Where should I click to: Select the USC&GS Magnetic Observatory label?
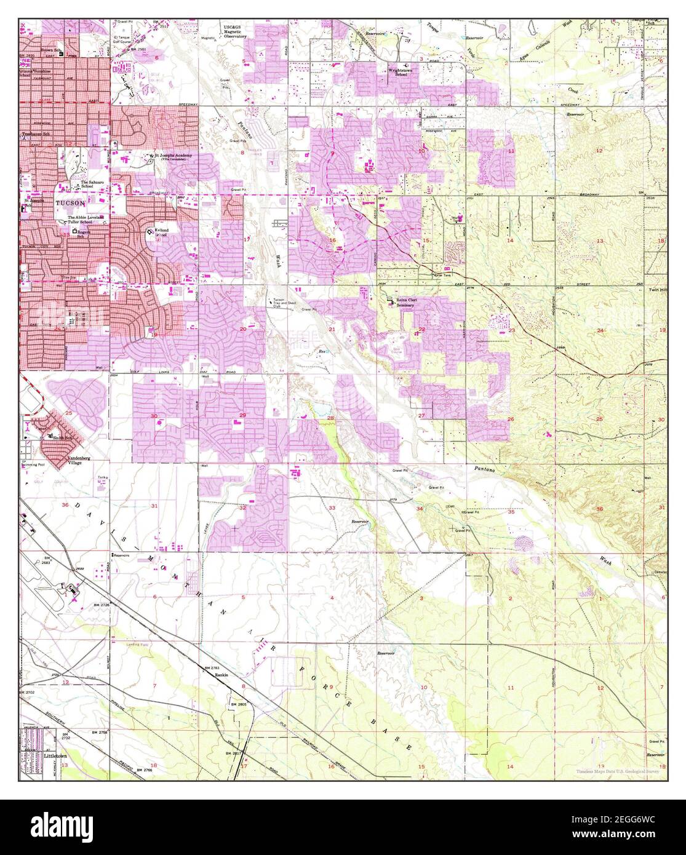coord(234,33)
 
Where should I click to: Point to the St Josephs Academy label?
coord(173,156)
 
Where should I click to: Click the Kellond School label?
coord(161,233)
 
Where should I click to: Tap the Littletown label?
coord(55,754)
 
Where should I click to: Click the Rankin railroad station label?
coord(222,675)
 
